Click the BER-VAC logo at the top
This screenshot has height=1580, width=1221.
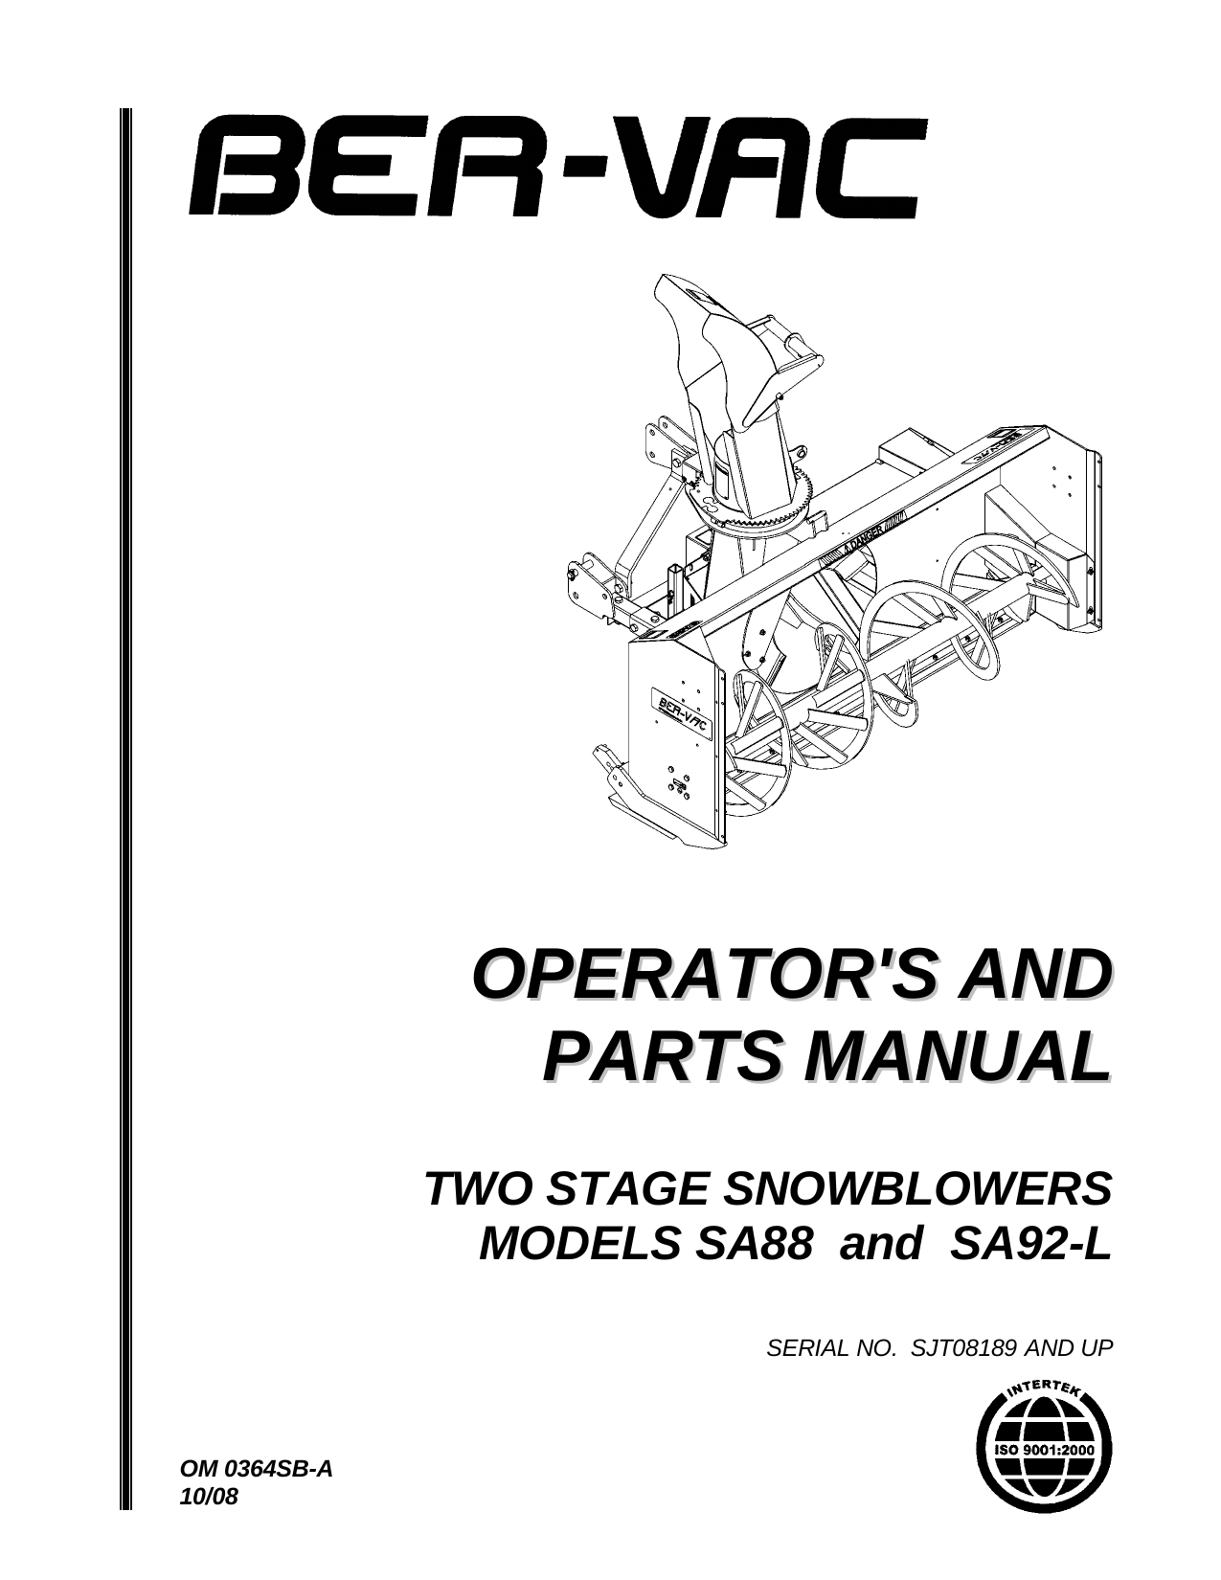pos(558,167)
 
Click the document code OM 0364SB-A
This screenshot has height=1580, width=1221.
pos(256,1469)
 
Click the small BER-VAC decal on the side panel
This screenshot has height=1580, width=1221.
pos(681,713)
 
